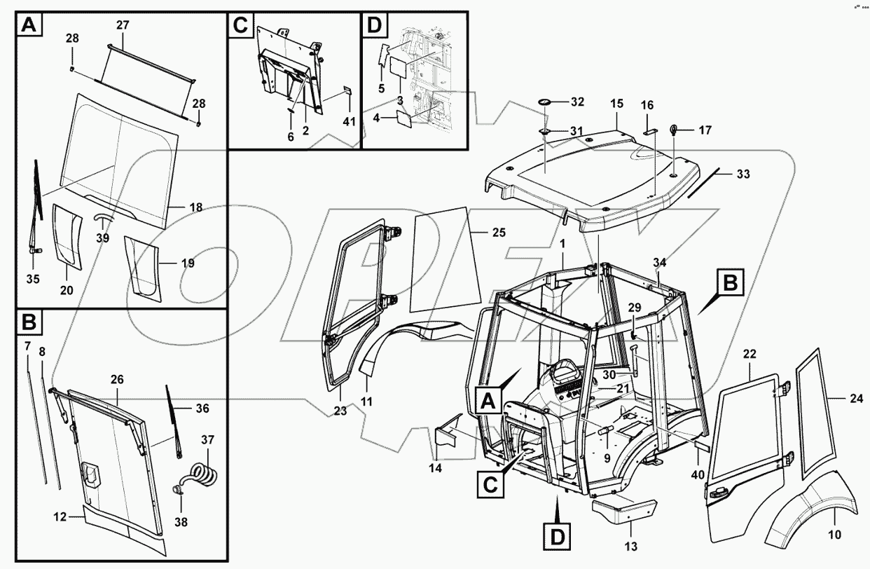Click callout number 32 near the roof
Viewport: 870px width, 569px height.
pyautogui.click(x=576, y=102)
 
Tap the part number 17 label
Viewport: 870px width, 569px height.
pyautogui.click(x=705, y=130)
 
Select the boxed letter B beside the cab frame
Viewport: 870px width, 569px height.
pyautogui.click(x=729, y=284)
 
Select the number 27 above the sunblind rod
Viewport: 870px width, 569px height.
pyautogui.click(x=123, y=25)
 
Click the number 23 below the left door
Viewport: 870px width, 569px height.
pyautogui.click(x=340, y=411)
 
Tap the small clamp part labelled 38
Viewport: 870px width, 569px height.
pyautogui.click(x=177, y=490)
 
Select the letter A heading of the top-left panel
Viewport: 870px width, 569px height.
pyautogui.click(x=28, y=26)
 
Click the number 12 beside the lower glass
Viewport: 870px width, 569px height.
pyautogui.click(x=60, y=516)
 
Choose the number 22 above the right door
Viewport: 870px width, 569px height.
pyautogui.click(x=750, y=354)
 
